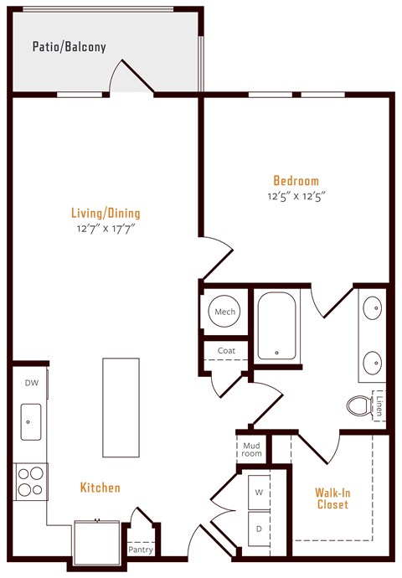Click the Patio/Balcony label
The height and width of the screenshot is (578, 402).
pos(70,47)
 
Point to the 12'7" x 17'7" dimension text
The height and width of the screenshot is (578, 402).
pos(105,227)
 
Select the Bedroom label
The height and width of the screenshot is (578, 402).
pos(296,181)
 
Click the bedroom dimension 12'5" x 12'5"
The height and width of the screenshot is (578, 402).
pos(296,196)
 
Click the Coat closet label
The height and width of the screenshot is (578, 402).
pos(226,351)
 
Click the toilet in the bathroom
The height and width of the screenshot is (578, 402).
pos(359,405)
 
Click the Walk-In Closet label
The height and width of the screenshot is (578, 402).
pos(332,499)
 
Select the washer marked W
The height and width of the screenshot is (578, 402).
pos(258,492)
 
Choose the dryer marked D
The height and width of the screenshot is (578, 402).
pos(258,529)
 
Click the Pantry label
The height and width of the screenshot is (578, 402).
pos(140,550)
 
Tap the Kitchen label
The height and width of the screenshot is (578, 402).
pos(100,488)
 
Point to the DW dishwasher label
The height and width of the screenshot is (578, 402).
pos(31,384)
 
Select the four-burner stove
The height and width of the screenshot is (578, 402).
pos(31,483)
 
